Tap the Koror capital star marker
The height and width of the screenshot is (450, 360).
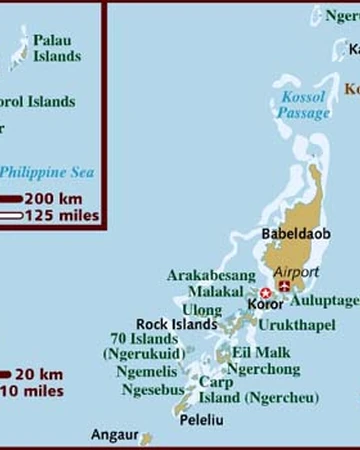point(266,293)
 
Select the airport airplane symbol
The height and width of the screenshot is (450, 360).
point(285,287)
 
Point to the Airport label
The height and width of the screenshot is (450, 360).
point(296,271)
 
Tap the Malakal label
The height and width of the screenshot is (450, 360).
point(214,291)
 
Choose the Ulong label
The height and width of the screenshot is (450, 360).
point(203,309)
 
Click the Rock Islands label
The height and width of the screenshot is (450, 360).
point(176,324)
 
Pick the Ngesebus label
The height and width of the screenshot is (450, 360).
point(152,390)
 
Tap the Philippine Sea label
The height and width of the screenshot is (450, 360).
point(46,172)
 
